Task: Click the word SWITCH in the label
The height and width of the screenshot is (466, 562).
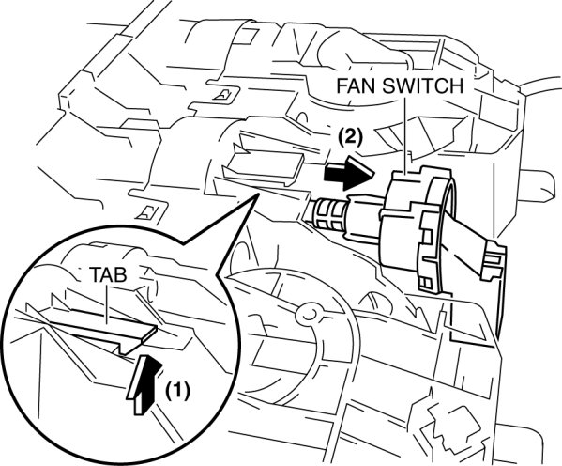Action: [422, 85]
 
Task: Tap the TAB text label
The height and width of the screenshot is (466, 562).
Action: [108, 275]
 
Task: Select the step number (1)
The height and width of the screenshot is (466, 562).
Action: [176, 391]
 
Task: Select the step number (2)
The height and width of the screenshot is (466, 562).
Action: [350, 136]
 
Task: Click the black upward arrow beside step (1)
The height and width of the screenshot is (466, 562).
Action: [144, 384]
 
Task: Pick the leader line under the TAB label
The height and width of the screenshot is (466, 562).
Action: [107, 303]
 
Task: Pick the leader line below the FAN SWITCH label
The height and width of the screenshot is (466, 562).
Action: [405, 135]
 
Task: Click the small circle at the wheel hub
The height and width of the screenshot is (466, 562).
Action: [308, 313]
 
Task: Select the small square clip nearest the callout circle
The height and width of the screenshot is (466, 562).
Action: [148, 211]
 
